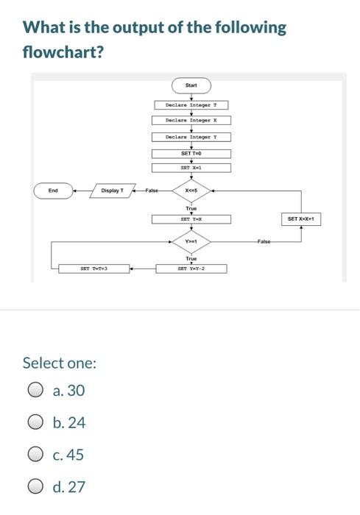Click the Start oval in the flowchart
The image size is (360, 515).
point(191,85)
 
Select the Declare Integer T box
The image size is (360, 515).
point(191,105)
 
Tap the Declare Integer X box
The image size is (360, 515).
point(191,120)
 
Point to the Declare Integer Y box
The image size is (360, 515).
point(191,137)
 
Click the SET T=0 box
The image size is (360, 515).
point(191,153)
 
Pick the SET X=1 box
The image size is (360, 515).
point(191,168)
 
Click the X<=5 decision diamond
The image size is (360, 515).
point(191,191)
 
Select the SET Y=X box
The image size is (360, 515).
point(191,219)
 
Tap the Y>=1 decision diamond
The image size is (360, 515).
point(191,241)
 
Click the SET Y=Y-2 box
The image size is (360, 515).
point(191,269)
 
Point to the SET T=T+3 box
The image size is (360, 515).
point(94,269)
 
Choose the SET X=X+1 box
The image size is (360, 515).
point(300,219)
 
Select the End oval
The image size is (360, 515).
point(53,191)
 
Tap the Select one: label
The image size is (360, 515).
point(59,363)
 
